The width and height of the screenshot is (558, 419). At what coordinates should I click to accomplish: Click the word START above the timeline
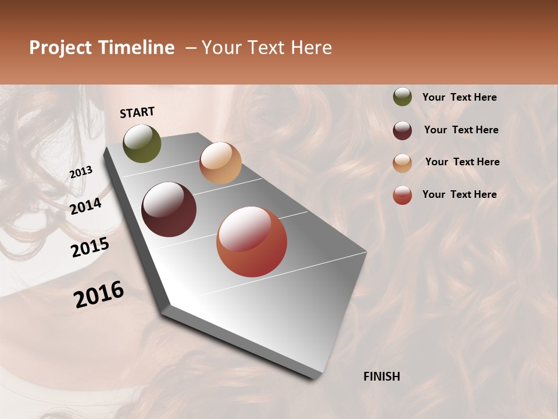(x=137, y=112)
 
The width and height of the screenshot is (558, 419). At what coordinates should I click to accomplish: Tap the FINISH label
(x=381, y=377)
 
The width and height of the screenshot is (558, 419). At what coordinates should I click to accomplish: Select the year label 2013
(x=81, y=172)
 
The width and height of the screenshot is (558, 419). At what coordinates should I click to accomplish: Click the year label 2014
(x=85, y=206)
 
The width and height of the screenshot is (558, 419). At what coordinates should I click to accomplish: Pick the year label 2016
(x=99, y=294)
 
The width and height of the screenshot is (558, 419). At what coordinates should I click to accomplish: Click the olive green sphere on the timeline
(x=142, y=144)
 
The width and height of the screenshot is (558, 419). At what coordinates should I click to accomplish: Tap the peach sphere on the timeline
(x=220, y=163)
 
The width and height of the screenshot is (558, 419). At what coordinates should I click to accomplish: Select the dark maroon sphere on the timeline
(x=169, y=210)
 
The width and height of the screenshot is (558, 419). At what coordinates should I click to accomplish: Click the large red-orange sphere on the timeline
(x=252, y=242)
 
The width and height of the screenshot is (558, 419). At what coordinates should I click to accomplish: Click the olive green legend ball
(x=402, y=97)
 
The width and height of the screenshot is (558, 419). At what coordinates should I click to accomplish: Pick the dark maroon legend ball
(x=402, y=130)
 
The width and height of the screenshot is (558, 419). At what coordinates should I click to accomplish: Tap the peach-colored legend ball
(x=402, y=163)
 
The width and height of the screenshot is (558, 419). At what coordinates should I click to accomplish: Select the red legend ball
(x=402, y=196)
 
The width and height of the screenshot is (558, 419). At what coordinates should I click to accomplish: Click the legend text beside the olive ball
(x=459, y=97)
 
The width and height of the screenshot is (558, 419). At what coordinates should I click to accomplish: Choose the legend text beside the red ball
(x=459, y=194)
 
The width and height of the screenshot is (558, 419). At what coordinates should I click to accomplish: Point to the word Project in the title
(x=61, y=48)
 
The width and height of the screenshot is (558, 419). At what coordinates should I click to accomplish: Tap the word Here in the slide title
(x=311, y=48)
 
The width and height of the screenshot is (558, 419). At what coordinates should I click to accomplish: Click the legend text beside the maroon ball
(x=461, y=130)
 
